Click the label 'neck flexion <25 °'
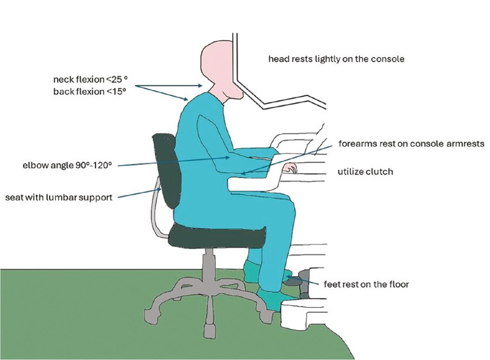click(91, 80)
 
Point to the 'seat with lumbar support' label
click(58, 197)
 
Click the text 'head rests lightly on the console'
click(336, 60)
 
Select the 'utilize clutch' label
click(365, 171)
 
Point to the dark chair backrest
click(164, 168)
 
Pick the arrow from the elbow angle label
click(174, 161)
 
